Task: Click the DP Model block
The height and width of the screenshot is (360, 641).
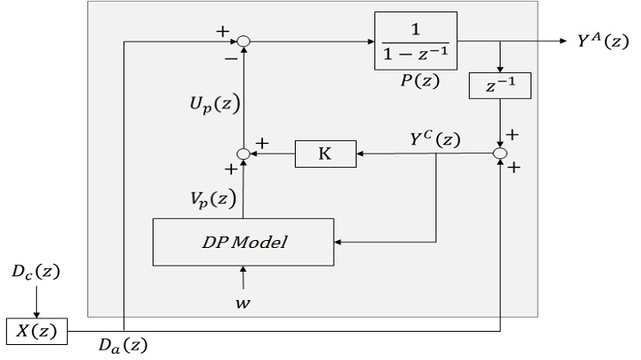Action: tap(243, 242)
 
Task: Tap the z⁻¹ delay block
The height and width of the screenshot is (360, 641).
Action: tap(501, 86)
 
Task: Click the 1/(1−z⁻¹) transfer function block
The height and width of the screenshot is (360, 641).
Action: tap(415, 41)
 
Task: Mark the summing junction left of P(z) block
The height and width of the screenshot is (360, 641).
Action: tap(243, 41)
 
